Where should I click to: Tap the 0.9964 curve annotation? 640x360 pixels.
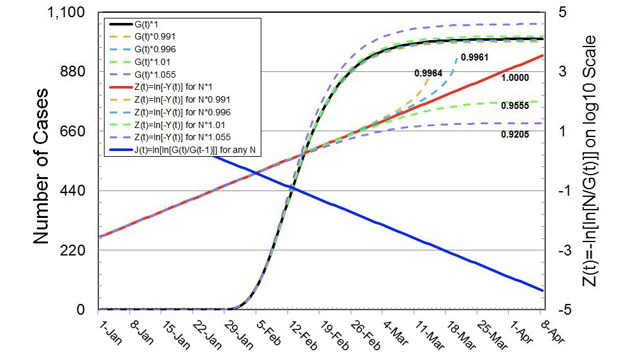(x=428, y=73)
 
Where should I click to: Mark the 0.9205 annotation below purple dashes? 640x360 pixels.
(x=515, y=134)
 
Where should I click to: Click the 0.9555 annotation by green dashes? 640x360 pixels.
(x=515, y=106)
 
